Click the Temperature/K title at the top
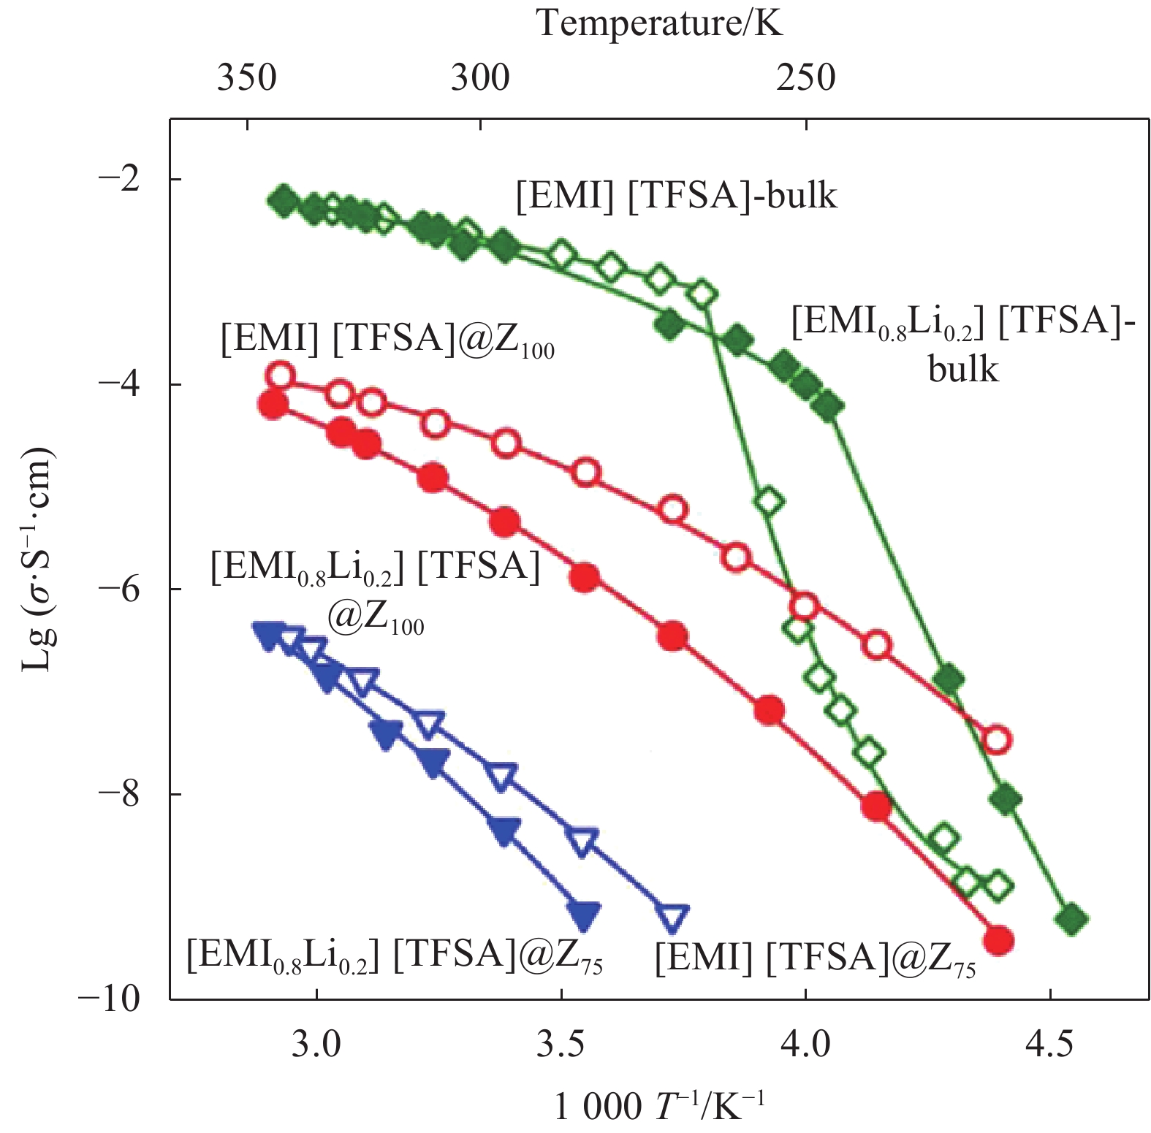pyautogui.click(x=659, y=23)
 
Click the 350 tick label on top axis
pyautogui.click(x=247, y=77)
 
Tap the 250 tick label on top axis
pyautogui.click(x=805, y=77)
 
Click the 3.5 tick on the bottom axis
pyautogui.click(x=561, y=1045)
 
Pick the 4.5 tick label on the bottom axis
pyautogui.click(x=1049, y=1045)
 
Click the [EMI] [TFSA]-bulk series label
pyautogui.click(x=676, y=196)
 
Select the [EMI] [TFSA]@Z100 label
pyautogui.click(x=387, y=340)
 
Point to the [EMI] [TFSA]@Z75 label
pyautogui.click(x=815, y=958)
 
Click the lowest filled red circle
pyautogui.click(x=998, y=940)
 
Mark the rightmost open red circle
pyautogui.click(x=998, y=739)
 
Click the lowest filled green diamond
pyautogui.click(x=1072, y=919)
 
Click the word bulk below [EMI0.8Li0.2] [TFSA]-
pyautogui.click(x=962, y=369)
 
